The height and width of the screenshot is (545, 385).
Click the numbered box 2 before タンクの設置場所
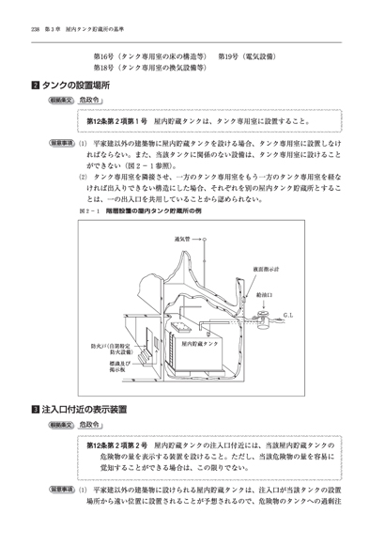35,85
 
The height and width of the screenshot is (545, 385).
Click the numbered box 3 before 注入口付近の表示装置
35,411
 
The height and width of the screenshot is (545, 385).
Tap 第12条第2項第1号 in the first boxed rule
118,121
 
